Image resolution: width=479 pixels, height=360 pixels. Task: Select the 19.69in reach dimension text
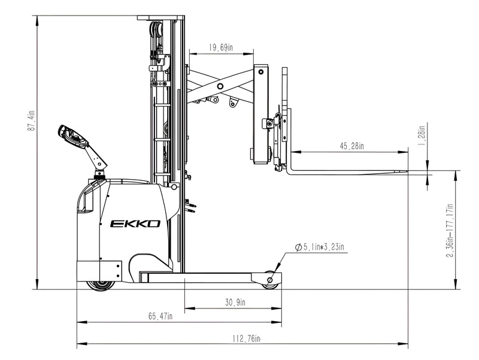click(x=220, y=48)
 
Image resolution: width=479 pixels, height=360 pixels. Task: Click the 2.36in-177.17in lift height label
click(x=449, y=231)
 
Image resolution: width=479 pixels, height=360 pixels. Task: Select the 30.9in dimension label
click(x=235, y=303)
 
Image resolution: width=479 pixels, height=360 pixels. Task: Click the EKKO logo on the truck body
click(x=135, y=224)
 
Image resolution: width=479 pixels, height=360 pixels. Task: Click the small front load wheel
click(x=271, y=280)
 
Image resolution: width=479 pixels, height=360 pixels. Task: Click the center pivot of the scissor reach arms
click(x=220, y=87)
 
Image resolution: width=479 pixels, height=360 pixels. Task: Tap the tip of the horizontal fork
click(x=405, y=173)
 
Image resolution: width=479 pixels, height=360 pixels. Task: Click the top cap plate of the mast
click(x=158, y=18)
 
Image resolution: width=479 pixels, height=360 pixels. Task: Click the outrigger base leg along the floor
click(x=204, y=277)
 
